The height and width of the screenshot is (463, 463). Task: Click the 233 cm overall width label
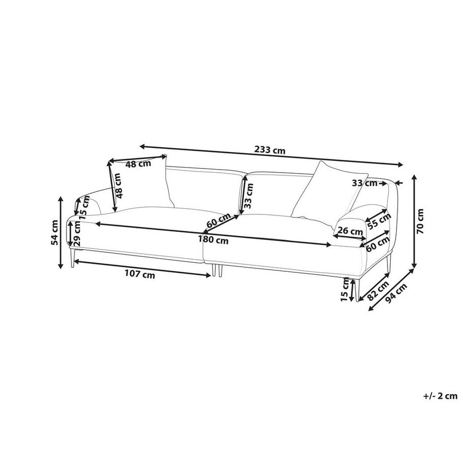[270, 150]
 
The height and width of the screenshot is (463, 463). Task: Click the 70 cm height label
[421, 221]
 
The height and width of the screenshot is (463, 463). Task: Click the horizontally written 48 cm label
[138, 164]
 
